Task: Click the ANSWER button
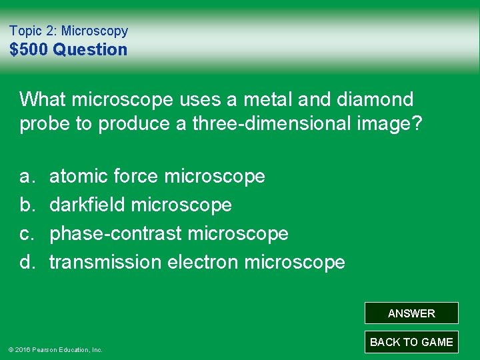411,313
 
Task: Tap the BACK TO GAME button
411,342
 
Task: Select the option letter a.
26,177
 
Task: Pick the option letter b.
26,205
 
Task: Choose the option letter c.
26,234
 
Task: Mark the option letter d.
26,263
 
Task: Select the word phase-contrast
116,234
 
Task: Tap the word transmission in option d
105,262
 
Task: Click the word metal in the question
253,99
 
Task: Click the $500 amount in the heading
30,49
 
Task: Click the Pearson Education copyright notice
55,349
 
